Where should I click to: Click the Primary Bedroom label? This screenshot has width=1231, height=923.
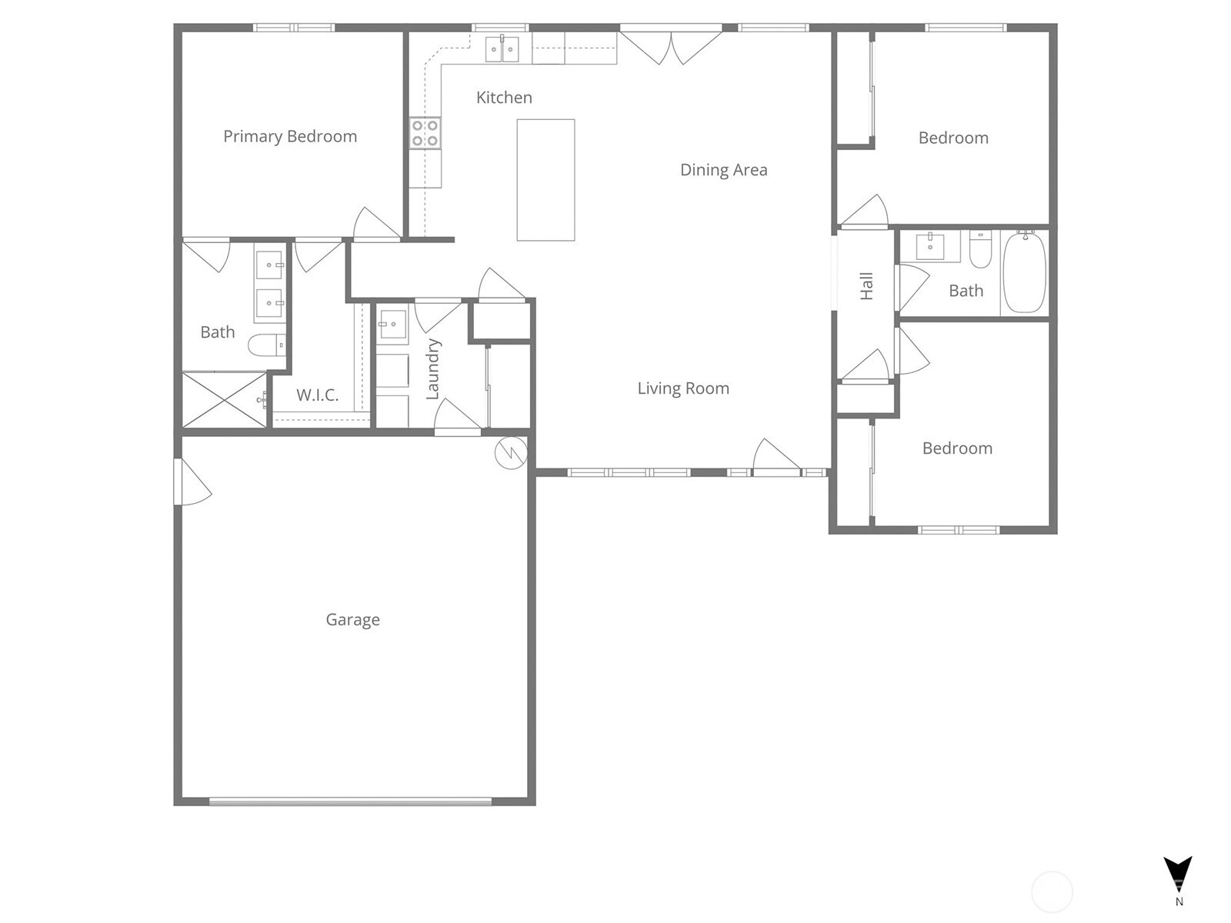click(290, 137)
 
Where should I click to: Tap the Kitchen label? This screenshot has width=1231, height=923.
click(504, 98)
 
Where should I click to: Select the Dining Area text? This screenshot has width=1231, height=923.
click(723, 170)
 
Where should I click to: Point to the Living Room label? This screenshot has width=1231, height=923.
click(683, 388)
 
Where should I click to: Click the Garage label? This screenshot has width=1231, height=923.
click(352, 620)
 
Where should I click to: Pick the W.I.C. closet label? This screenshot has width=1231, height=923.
click(318, 395)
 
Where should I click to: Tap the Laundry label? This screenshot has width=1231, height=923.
click(432, 369)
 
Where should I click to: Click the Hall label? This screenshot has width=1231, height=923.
click(866, 286)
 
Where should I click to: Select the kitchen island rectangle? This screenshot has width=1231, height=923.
click(545, 180)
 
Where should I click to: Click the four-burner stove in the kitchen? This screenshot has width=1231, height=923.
click(425, 133)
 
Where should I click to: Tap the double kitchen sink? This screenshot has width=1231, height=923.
click(502, 48)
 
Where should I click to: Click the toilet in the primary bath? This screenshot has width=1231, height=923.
click(267, 345)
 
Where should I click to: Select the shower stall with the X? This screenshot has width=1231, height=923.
click(225, 399)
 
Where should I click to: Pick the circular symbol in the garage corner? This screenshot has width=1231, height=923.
click(511, 453)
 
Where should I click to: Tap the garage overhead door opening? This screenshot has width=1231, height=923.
click(351, 802)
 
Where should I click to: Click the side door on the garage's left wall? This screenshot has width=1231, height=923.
click(192, 482)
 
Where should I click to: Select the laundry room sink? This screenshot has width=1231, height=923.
click(392, 323)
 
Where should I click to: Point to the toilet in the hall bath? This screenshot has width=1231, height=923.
click(980, 250)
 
